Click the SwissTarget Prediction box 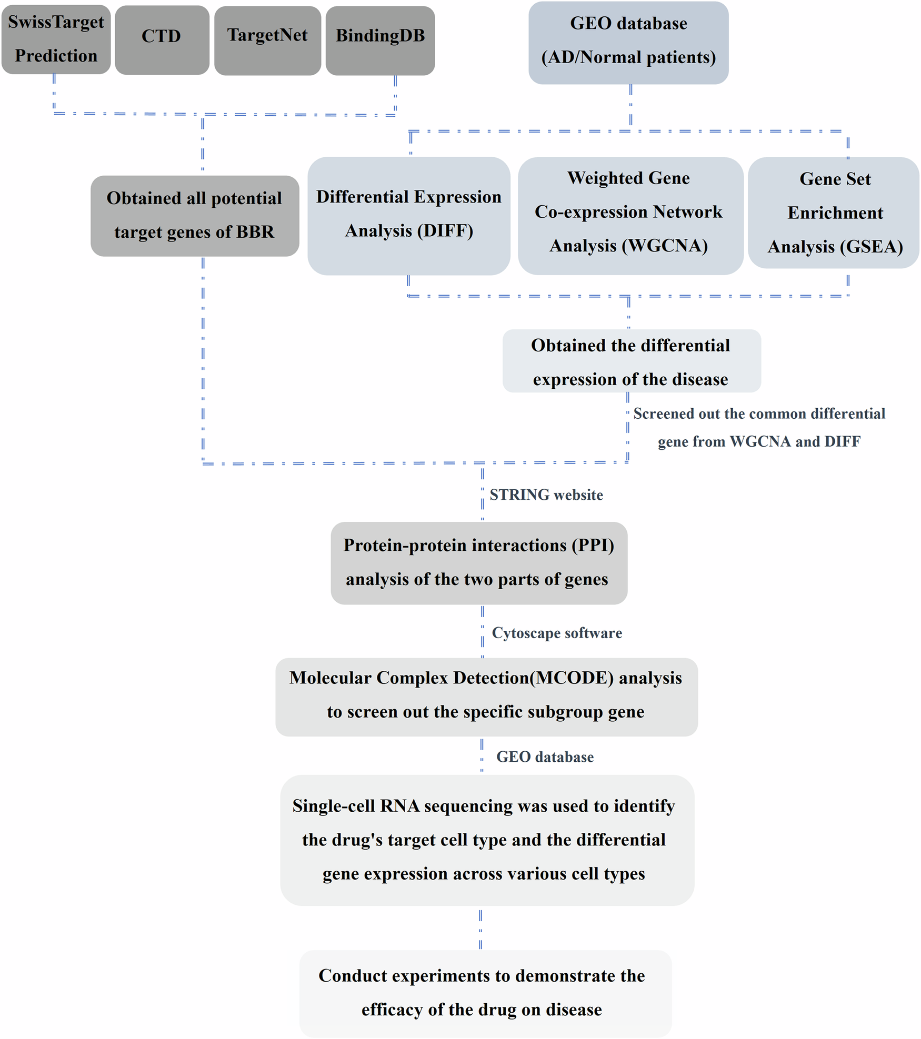click(x=56, y=39)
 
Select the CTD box click(x=162, y=40)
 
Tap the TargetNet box click(x=267, y=40)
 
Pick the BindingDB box click(x=380, y=40)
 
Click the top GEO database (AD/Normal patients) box click(x=628, y=42)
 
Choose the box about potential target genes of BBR click(x=194, y=216)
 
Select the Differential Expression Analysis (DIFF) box click(x=408, y=215)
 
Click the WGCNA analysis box click(x=629, y=215)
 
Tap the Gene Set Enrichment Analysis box click(x=834, y=213)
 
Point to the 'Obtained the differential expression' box click(x=631, y=361)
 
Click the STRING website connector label click(x=546, y=495)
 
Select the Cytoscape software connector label click(x=557, y=633)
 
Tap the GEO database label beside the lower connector click(x=545, y=757)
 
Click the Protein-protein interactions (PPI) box click(x=478, y=562)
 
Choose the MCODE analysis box click(x=486, y=696)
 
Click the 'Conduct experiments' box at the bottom click(x=485, y=993)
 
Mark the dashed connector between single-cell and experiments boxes click(x=480, y=929)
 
